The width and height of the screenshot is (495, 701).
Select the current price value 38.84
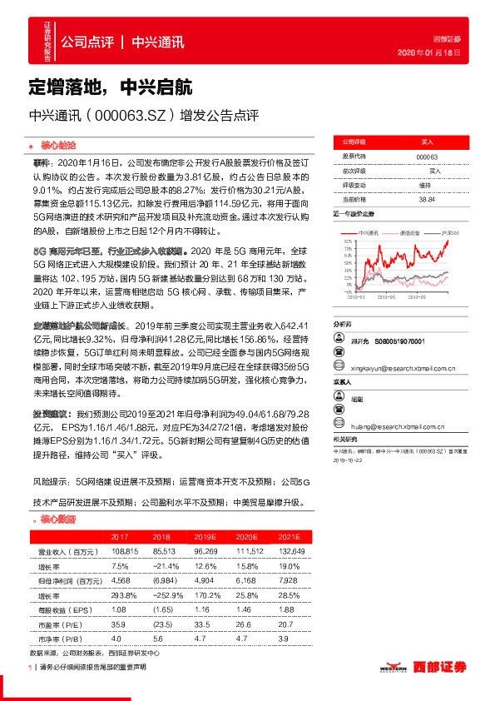pyautogui.click(x=426, y=199)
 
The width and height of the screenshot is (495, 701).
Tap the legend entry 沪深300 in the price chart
pyautogui.click(x=450, y=233)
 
